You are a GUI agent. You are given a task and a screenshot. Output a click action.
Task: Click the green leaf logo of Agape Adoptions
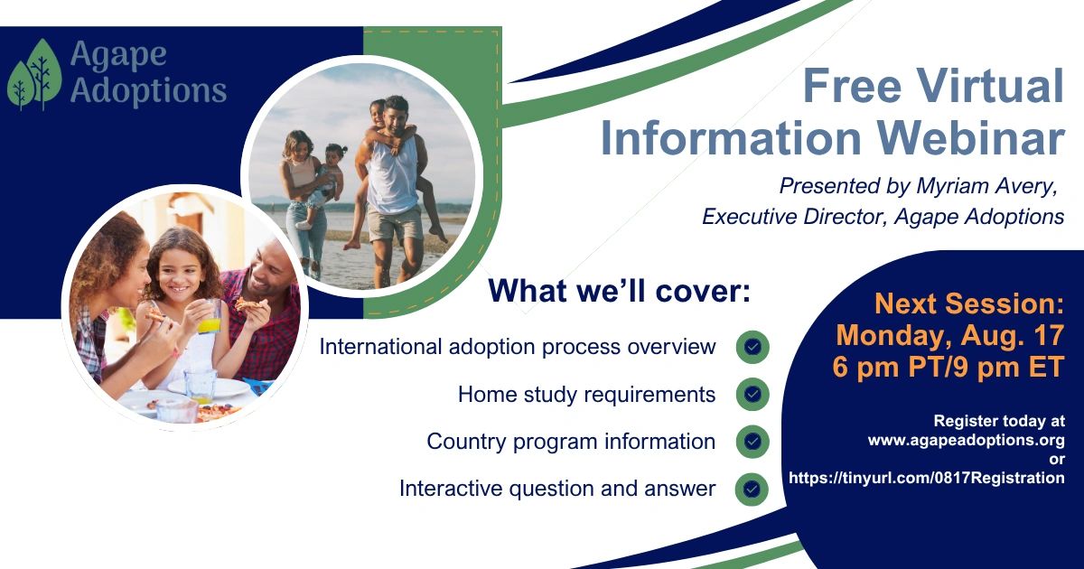[x=34, y=74]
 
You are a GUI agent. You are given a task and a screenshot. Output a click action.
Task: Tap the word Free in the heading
[x=852, y=85]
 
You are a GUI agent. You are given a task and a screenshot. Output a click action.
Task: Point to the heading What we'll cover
[x=620, y=290]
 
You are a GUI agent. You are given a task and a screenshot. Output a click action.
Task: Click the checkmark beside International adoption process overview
[x=752, y=347]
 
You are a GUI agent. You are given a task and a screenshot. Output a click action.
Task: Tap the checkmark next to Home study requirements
[x=752, y=394]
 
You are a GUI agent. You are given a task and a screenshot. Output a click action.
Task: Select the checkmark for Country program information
[x=752, y=442]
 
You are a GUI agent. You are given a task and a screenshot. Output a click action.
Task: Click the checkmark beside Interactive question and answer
[x=752, y=489]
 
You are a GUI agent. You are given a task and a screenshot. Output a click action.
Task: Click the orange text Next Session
[x=969, y=303]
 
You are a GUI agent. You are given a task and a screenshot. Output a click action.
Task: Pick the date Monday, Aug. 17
[x=950, y=335]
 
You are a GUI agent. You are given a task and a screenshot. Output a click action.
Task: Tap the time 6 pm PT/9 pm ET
[x=948, y=367]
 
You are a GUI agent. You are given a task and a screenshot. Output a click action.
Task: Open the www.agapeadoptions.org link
[x=966, y=440]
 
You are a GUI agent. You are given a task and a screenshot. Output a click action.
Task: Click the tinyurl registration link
[x=927, y=478]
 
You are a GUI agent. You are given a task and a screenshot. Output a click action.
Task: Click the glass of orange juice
[x=210, y=317]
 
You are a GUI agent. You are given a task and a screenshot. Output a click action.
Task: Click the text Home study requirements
[x=586, y=395]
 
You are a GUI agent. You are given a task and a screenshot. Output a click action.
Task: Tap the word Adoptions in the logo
[x=148, y=89]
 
